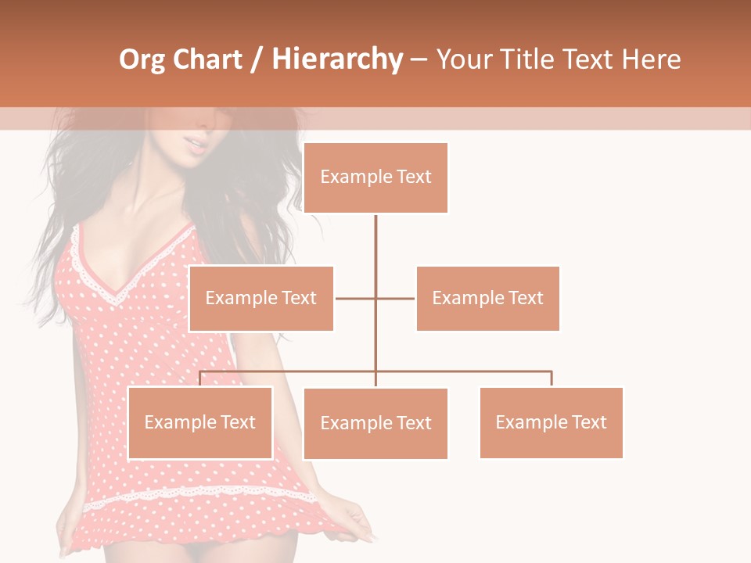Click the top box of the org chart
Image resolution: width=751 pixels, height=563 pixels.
pos(375,178)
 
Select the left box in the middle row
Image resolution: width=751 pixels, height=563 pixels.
pos(261,298)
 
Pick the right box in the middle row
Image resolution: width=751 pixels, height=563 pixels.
pos(488,298)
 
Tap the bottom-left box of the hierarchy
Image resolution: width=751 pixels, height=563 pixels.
pos(200,422)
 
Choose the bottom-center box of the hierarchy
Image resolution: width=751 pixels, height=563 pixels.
pos(375,423)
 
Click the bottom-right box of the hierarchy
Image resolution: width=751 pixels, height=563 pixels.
pos(551,422)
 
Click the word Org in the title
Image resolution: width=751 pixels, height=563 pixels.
pos(142,59)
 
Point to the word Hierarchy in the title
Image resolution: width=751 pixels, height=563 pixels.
pos(337,59)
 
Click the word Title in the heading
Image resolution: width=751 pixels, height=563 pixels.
pos(526,59)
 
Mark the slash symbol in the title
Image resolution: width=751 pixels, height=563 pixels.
pos(256,59)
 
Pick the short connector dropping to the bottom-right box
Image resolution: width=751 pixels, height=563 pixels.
pos(551,378)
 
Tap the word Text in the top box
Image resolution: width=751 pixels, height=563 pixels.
pos(413,178)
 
